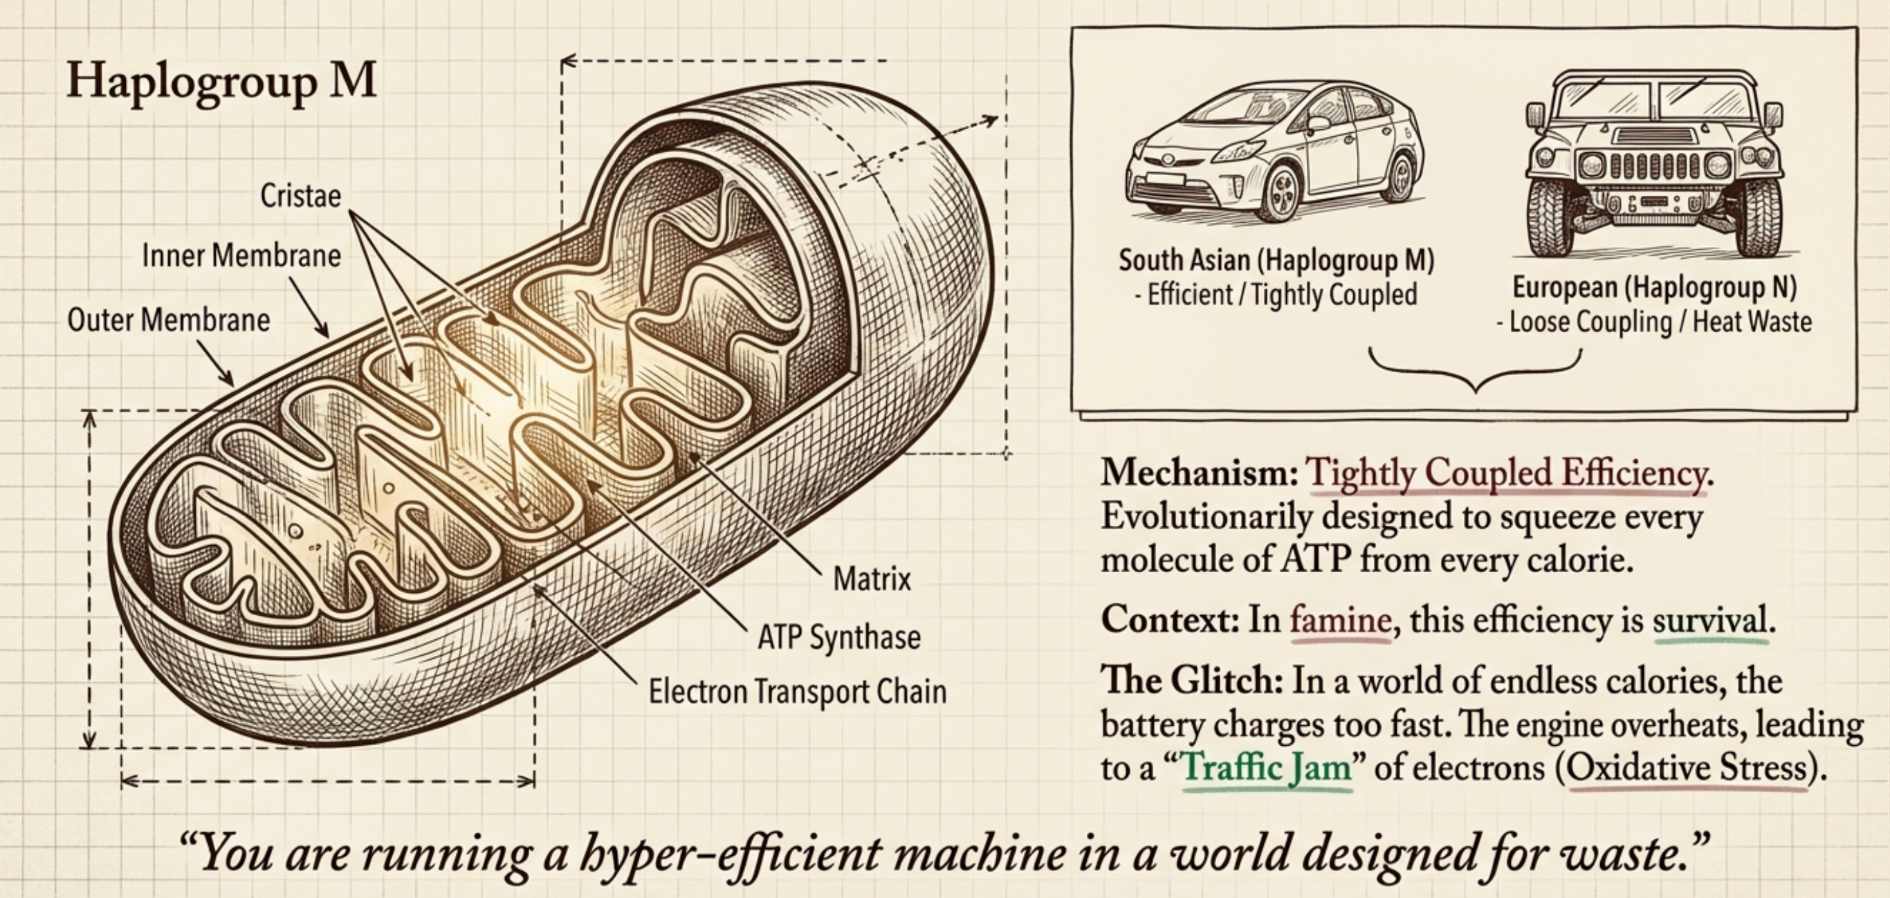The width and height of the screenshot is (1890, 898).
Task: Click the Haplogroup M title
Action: coord(221,82)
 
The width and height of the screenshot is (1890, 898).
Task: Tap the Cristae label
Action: coord(301,196)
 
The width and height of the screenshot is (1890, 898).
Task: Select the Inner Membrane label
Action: coord(241,256)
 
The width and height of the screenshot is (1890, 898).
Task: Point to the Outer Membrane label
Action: coord(169,320)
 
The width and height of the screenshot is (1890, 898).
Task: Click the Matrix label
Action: coord(872,580)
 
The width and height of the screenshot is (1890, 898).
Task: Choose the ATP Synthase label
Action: coord(838,636)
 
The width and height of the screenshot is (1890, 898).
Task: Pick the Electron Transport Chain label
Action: coord(798,692)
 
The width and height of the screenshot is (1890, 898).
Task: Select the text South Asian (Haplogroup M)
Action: coord(1276,260)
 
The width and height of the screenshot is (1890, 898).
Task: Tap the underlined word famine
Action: coord(1341,621)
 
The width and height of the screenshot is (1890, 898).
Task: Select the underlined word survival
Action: coord(1709,621)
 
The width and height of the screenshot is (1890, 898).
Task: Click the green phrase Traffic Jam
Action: coord(1267,768)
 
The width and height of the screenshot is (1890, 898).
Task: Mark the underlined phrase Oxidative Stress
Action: coord(1687,768)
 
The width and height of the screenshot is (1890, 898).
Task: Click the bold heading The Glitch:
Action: coord(1191,681)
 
